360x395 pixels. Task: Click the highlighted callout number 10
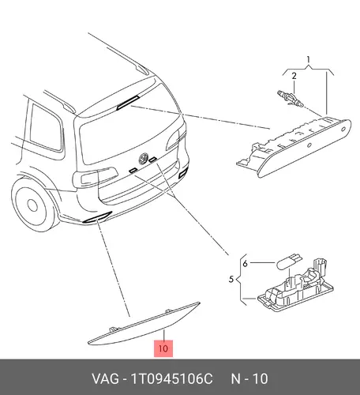click(x=163, y=348)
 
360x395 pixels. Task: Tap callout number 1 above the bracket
click(x=309, y=59)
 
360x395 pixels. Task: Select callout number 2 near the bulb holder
click(x=294, y=76)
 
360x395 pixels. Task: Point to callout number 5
click(x=231, y=279)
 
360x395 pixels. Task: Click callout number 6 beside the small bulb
click(x=246, y=263)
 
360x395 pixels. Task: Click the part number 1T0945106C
click(x=171, y=378)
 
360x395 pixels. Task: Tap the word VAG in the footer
click(x=105, y=378)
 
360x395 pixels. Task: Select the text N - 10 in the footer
click(x=249, y=378)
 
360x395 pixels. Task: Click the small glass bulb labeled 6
click(x=288, y=260)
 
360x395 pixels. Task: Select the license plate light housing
click(x=295, y=288)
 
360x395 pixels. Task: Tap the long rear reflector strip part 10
click(x=144, y=325)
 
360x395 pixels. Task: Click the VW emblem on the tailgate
click(x=144, y=158)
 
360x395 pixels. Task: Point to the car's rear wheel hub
click(x=32, y=205)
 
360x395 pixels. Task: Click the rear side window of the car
click(x=47, y=128)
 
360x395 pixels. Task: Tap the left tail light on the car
click(x=96, y=176)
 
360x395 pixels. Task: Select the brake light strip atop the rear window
click(x=128, y=102)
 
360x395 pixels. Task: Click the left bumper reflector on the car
click(x=97, y=217)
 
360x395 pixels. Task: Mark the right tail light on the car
click(x=177, y=139)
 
